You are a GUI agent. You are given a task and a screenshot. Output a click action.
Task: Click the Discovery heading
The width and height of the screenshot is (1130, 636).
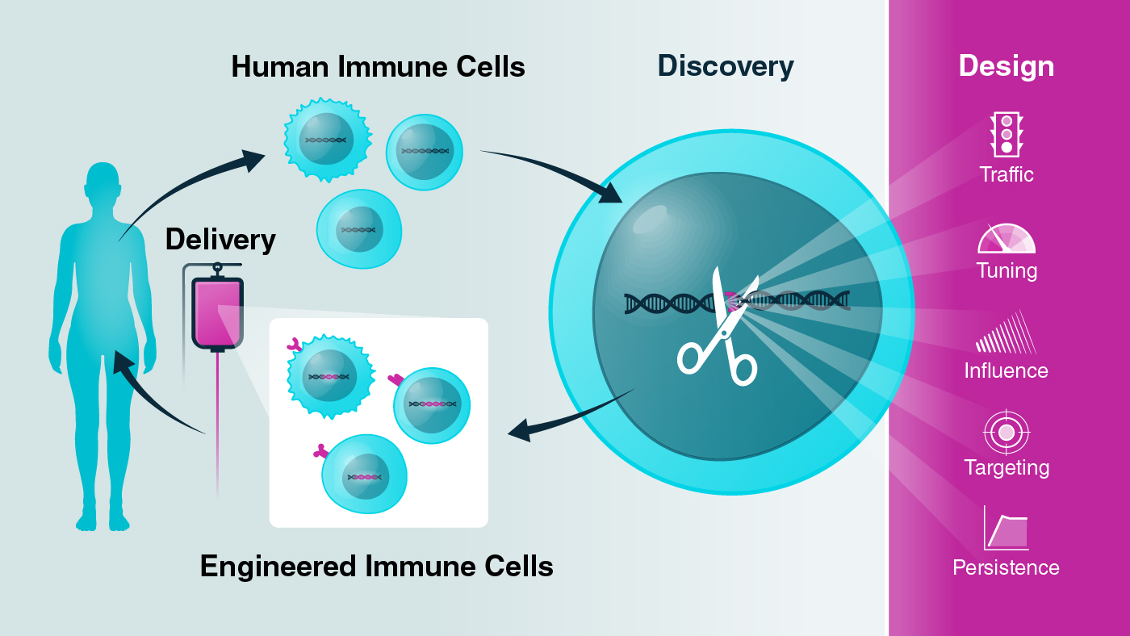click(725, 66)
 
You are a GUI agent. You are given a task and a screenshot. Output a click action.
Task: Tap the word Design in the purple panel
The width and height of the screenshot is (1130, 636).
click(1006, 66)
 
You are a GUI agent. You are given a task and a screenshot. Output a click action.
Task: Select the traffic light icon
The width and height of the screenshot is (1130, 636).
click(1006, 134)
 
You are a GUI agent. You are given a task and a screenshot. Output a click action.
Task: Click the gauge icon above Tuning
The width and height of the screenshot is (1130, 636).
click(1006, 239)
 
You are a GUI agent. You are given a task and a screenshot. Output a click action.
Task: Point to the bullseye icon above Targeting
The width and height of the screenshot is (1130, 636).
click(1006, 433)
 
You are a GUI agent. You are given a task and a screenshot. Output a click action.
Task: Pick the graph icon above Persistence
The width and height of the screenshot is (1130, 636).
click(1006, 528)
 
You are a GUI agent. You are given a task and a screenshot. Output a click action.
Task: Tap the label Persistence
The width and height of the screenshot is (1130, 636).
click(1006, 567)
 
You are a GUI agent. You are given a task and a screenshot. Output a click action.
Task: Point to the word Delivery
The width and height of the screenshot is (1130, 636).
click(220, 240)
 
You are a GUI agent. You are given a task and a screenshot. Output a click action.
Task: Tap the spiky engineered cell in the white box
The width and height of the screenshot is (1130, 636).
click(330, 375)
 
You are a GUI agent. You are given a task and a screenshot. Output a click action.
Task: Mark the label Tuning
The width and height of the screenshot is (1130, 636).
click(1006, 270)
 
